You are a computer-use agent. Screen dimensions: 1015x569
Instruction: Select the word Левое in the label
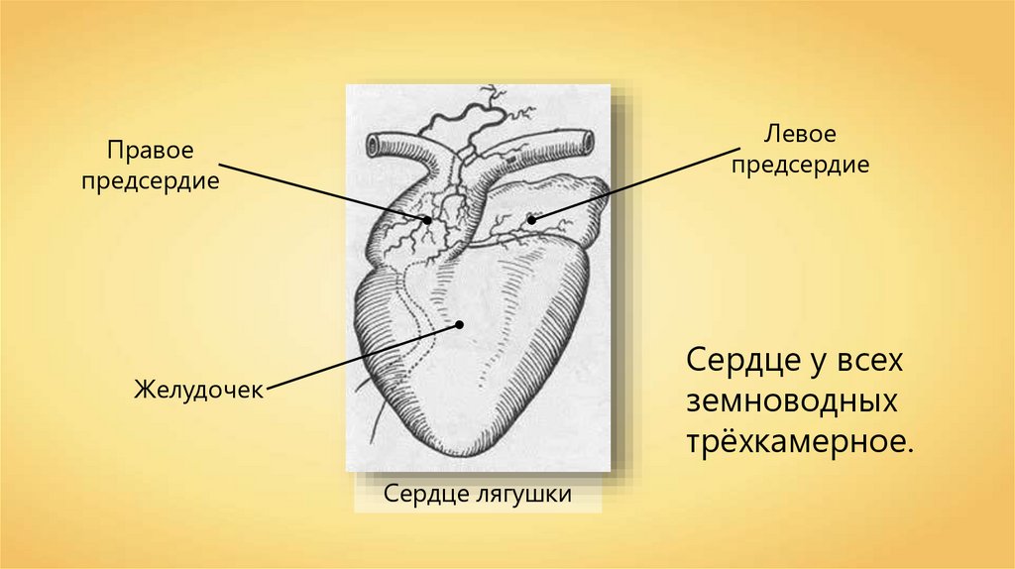[800, 133]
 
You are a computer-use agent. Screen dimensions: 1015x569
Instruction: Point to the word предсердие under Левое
[800, 164]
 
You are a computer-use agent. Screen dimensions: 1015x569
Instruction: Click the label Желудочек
[199, 389]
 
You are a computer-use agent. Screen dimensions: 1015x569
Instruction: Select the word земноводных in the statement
[792, 401]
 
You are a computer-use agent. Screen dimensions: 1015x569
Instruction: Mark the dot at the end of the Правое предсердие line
[428, 221]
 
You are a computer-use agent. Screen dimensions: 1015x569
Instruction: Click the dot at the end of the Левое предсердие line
[531, 219]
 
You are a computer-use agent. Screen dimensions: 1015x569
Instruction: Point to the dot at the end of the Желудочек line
[460, 323]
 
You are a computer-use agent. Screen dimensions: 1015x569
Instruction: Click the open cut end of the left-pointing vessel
[372, 147]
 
